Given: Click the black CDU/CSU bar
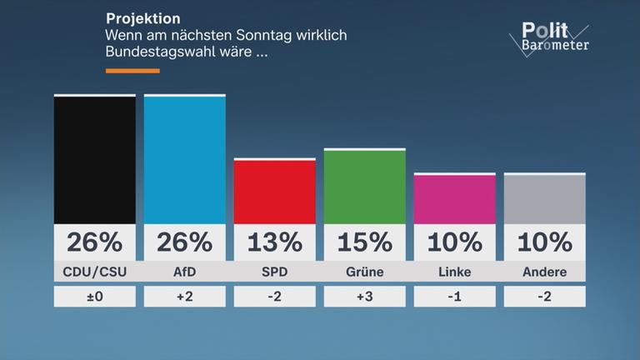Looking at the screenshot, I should pyautogui.click(x=94, y=159).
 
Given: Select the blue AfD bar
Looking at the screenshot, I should pyautogui.click(x=184, y=159).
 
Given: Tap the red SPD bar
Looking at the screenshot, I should pyautogui.click(x=274, y=191).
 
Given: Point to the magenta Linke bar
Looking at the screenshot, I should pyautogui.click(x=454, y=198).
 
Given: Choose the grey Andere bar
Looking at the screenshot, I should pyautogui.click(x=544, y=198).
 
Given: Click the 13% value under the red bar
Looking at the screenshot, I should pyautogui.click(x=274, y=242).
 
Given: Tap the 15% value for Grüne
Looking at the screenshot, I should pyautogui.click(x=364, y=242).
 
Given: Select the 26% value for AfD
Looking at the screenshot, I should pyautogui.click(x=184, y=242).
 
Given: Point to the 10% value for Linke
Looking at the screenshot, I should pyautogui.click(x=454, y=242).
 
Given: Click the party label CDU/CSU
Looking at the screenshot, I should pyautogui.click(x=94, y=272).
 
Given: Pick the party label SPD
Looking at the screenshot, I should pyautogui.click(x=274, y=272).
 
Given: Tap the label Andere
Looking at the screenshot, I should pyautogui.click(x=544, y=272).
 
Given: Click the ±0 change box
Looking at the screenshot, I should pyautogui.click(x=94, y=297).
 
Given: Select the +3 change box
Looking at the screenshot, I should pyautogui.click(x=364, y=297).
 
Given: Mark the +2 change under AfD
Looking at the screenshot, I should pyautogui.click(x=184, y=297).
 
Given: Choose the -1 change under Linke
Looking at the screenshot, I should pyautogui.click(x=454, y=297).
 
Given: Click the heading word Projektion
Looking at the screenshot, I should pyautogui.click(x=142, y=18).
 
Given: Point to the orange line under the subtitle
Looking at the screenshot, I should pyautogui.click(x=132, y=71).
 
